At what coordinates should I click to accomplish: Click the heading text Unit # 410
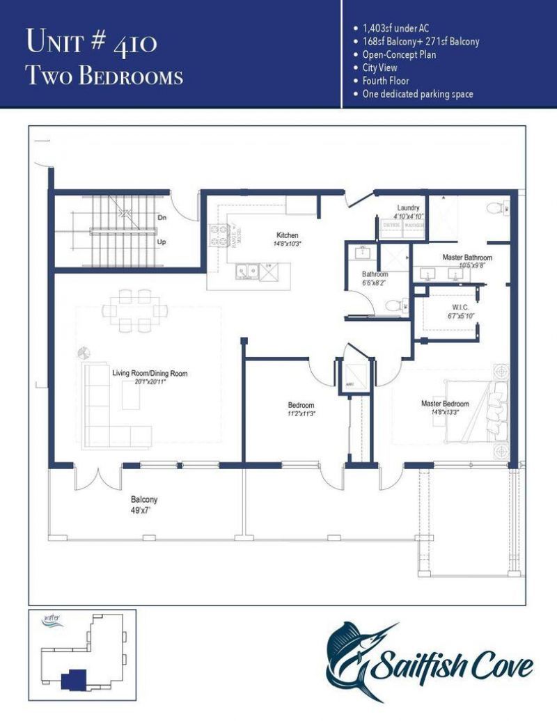91,42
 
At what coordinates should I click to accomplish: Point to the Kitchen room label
287,236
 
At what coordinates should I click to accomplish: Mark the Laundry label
407,208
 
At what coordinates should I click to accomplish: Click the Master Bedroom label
445,404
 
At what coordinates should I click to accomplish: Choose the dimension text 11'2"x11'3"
301,415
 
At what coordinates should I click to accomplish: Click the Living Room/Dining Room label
150,374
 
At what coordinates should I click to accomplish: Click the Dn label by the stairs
162,218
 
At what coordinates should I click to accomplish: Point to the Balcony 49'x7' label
144,505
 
